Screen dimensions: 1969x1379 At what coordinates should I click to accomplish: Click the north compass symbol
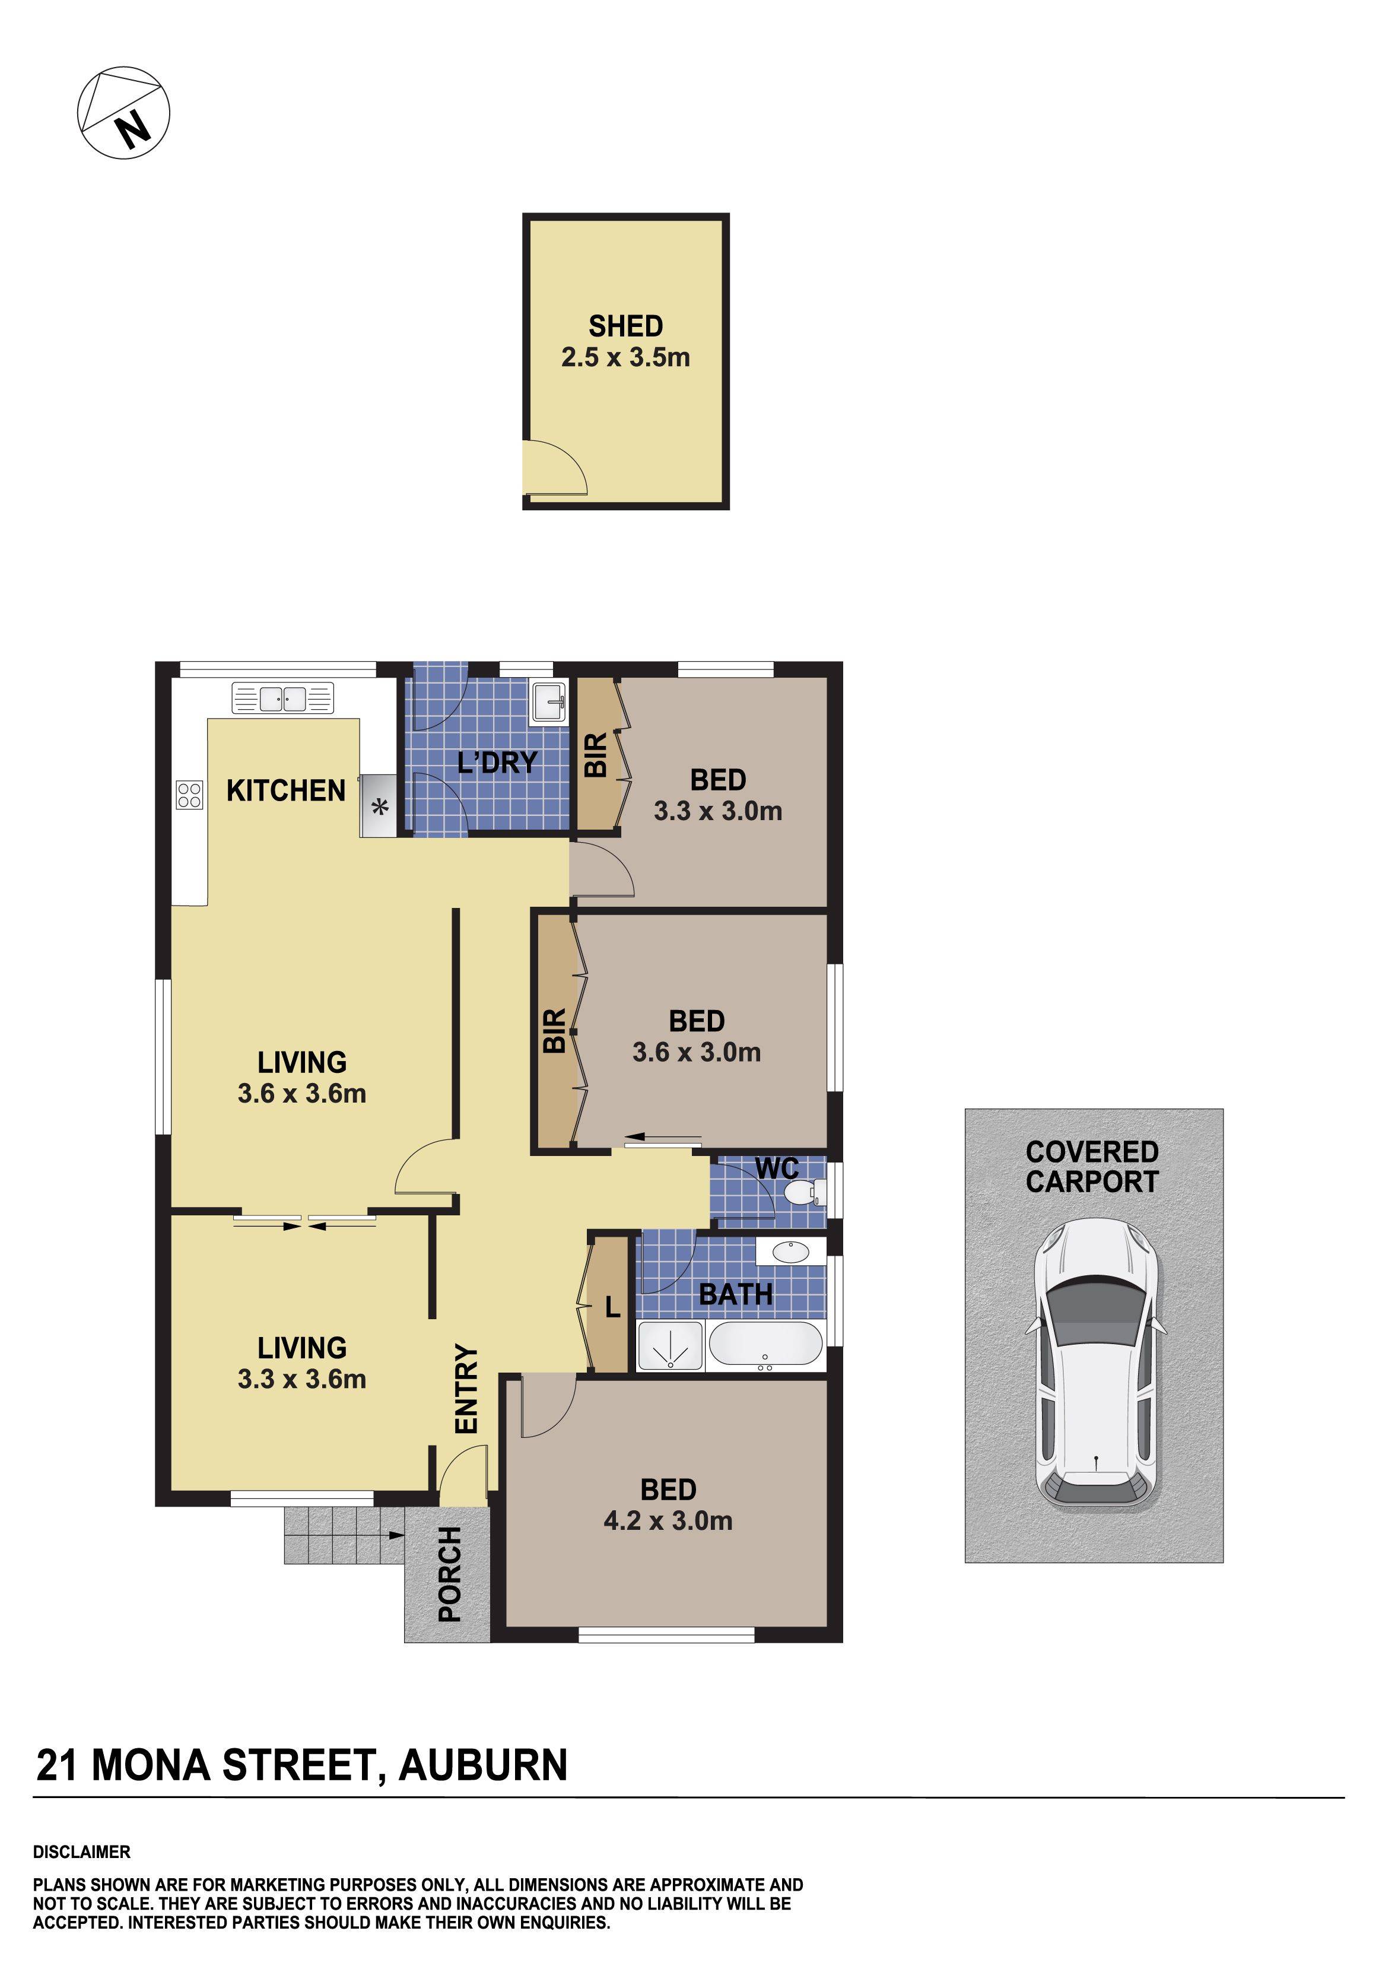tap(123, 112)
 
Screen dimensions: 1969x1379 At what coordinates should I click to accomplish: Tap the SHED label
tap(625, 326)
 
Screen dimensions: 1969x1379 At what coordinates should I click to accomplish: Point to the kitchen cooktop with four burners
tap(189, 795)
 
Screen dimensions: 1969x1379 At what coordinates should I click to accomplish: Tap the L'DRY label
tap(497, 761)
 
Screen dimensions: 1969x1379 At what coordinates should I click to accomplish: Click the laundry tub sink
tap(548, 703)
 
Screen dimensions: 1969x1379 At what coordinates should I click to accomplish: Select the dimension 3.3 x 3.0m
tap(718, 811)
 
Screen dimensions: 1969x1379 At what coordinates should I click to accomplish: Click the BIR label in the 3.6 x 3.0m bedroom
tap(554, 1030)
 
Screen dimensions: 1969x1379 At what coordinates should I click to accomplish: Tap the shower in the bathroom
tap(670, 1345)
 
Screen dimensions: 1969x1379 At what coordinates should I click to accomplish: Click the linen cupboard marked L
tap(611, 1307)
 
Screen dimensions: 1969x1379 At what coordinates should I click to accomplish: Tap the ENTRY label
tap(466, 1387)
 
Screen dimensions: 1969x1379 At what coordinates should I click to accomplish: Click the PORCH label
tap(449, 1574)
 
